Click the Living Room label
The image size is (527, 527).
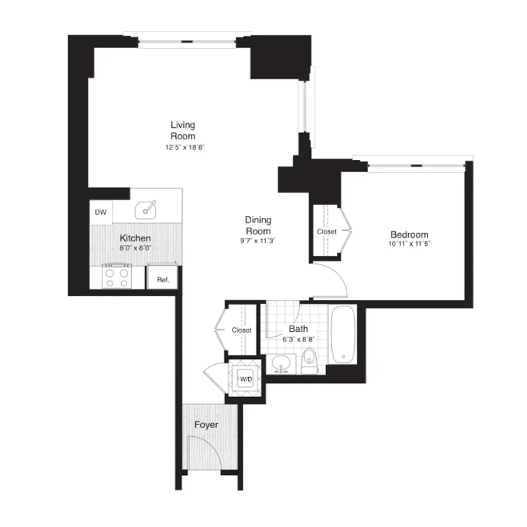[183, 131]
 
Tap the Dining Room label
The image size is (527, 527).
[258, 225]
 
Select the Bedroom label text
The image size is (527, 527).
[409, 234]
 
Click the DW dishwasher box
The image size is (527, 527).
[101, 213]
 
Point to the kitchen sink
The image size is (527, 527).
[146, 208]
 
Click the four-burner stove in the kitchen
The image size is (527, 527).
[116, 275]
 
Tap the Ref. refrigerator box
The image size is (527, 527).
[163, 280]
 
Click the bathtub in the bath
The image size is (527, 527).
[343, 334]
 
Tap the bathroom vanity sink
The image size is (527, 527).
[282, 364]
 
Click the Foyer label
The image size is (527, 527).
[206, 425]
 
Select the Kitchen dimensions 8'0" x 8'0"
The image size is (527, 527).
[135, 248]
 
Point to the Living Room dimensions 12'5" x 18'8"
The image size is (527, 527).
[184, 148]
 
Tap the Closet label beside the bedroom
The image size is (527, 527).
[327, 231]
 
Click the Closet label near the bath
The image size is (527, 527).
[241, 330]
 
